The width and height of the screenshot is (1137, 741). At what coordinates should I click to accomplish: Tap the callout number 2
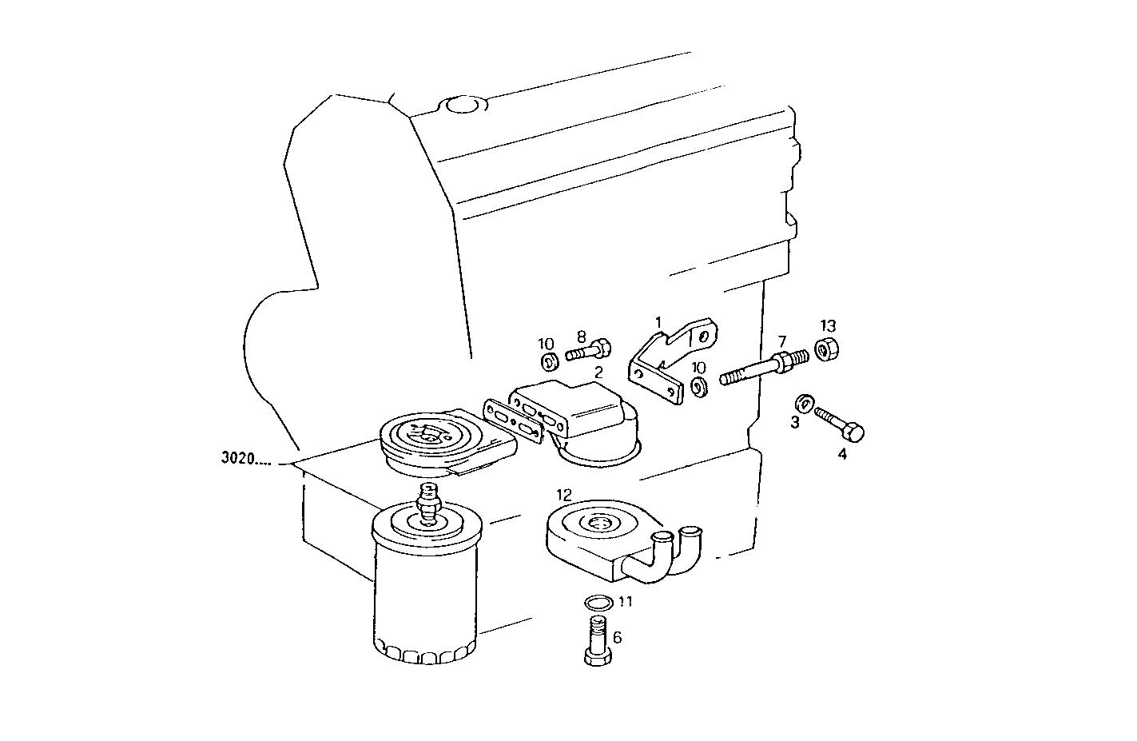pyautogui.click(x=598, y=372)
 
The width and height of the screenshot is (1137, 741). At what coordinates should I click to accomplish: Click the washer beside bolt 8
pyautogui.click(x=549, y=362)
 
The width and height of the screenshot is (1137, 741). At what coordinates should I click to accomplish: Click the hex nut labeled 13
pyautogui.click(x=825, y=349)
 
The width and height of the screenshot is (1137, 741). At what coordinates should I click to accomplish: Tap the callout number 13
pyautogui.click(x=827, y=325)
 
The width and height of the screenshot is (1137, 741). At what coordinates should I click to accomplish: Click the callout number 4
pyautogui.click(x=841, y=455)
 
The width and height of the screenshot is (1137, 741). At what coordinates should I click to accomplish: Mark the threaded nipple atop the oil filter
pyautogui.click(x=429, y=503)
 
